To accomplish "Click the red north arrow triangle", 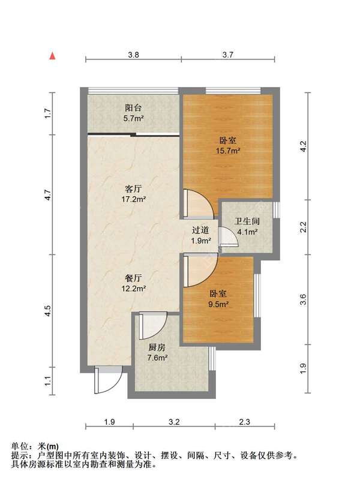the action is click(52, 56).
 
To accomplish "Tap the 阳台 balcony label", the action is click(133, 107).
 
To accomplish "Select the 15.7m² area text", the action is click(228, 151).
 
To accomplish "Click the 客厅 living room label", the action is click(133, 188).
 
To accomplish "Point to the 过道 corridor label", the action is click(200, 230).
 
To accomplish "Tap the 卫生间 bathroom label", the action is click(247, 221).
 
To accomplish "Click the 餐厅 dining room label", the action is click(133, 278).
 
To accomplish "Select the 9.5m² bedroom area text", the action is click(218, 304).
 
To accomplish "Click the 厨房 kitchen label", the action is click(157, 347).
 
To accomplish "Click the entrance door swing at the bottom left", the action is click(109, 380).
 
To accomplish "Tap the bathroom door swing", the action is click(228, 237).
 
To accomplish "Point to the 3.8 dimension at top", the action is click(133, 55).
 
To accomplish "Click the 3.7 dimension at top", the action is click(227, 55).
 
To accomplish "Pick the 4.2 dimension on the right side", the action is click(303, 146).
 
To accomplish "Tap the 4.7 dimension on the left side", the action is click(48, 194).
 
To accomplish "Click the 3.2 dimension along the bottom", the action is click(174, 422).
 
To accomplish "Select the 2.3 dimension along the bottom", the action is click(244, 422).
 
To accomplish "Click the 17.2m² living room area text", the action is click(134, 199).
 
